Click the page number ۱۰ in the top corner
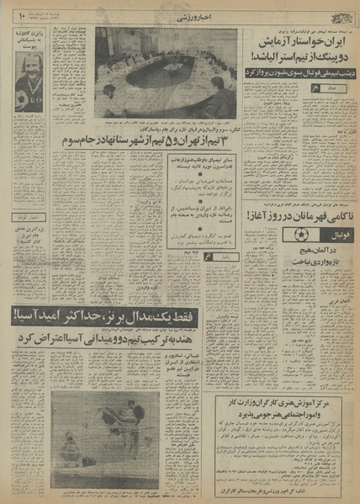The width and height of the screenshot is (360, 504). (23, 14)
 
